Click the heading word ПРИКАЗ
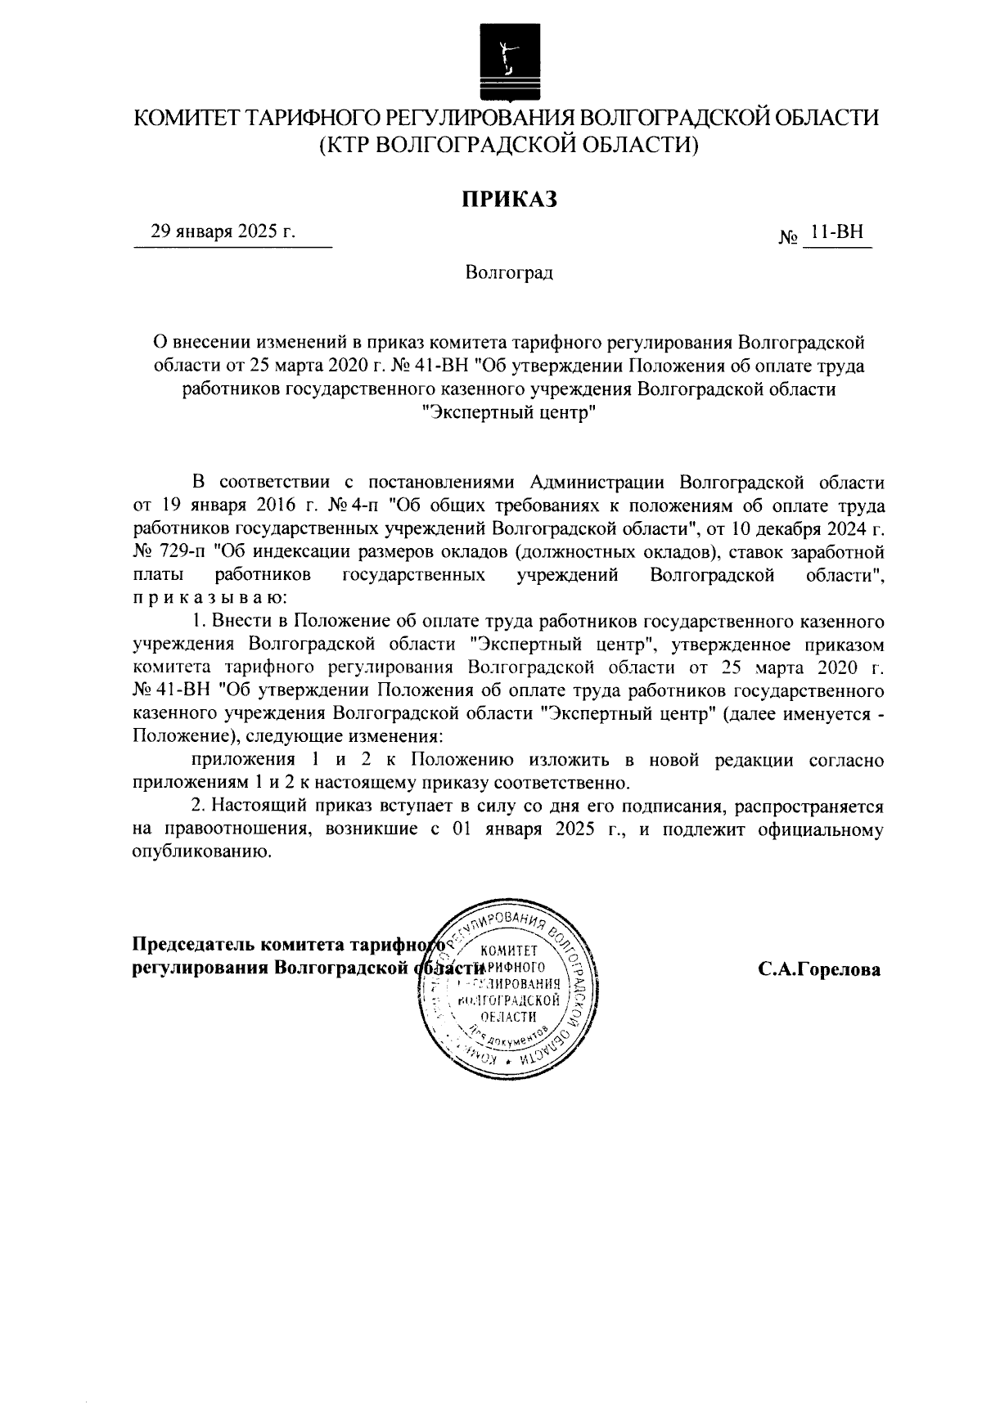[x=507, y=198]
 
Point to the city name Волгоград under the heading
[x=508, y=272]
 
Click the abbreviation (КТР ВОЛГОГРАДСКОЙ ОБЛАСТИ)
[x=507, y=146]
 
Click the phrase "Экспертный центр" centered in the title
[x=507, y=414]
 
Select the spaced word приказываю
[x=209, y=599]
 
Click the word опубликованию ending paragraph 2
[x=200, y=852]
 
